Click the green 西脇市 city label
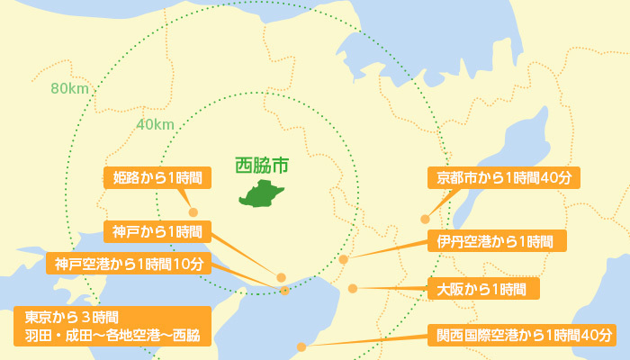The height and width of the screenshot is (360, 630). click(x=262, y=166)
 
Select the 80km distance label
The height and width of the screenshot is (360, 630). click(x=68, y=88)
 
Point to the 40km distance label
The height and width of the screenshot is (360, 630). click(x=155, y=124)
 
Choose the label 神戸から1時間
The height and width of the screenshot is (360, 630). click(x=157, y=230)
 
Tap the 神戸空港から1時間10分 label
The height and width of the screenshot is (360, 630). click(x=129, y=264)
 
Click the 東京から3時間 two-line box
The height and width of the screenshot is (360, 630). click(x=112, y=327)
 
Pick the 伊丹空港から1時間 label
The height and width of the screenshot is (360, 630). click(x=496, y=241)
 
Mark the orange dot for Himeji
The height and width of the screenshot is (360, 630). click(x=193, y=212)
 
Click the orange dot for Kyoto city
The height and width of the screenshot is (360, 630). click(x=425, y=219)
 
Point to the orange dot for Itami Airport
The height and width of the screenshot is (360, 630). click(x=344, y=259)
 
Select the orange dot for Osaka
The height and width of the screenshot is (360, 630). click(x=353, y=289)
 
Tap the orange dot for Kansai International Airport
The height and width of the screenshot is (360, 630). click(x=301, y=346)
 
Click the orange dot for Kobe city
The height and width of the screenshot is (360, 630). click(x=281, y=277)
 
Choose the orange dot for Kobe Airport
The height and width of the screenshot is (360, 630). click(x=284, y=290)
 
